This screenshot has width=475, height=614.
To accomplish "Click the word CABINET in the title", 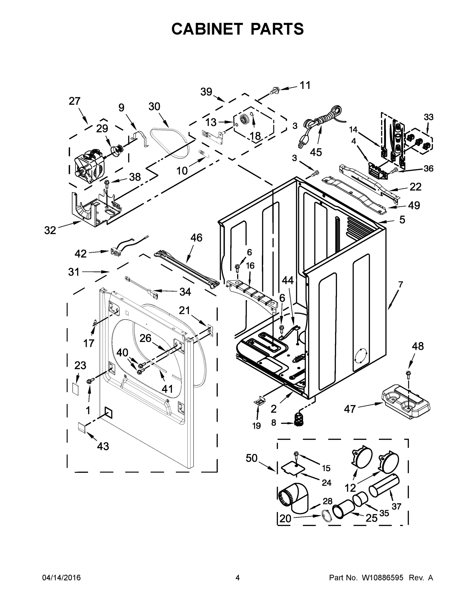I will tap(207, 29).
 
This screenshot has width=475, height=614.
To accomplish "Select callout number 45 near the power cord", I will tap(316, 152).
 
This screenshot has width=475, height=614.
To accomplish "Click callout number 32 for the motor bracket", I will tap(50, 230).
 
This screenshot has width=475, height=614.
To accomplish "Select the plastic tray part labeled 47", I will tap(406, 404).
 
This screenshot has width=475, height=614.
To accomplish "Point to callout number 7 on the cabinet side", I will tap(400, 284).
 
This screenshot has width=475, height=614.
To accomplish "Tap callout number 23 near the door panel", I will tap(80, 366).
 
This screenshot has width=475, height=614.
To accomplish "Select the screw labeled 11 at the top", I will tap(274, 90).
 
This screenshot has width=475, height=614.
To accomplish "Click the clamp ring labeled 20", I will tap(326, 516).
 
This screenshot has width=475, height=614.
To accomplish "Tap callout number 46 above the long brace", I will tap(196, 238).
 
